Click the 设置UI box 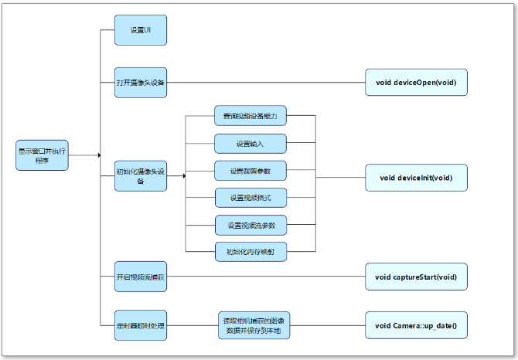pyautogui.click(x=141, y=30)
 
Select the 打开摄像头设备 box pyautogui.click(x=141, y=82)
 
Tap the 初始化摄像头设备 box pyautogui.click(x=141, y=177)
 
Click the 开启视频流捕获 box pyautogui.click(x=141, y=277)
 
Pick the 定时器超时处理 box pyautogui.click(x=141, y=326)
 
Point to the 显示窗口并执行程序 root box pyautogui.click(x=42, y=155)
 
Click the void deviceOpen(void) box pyautogui.click(x=416, y=82)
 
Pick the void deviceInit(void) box pyautogui.click(x=416, y=178)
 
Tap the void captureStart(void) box pyautogui.click(x=416, y=277)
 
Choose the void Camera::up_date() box pyautogui.click(x=416, y=326)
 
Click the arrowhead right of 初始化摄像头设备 pyautogui.click(x=184, y=177)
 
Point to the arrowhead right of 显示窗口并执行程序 pyautogui.click(x=99, y=155)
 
